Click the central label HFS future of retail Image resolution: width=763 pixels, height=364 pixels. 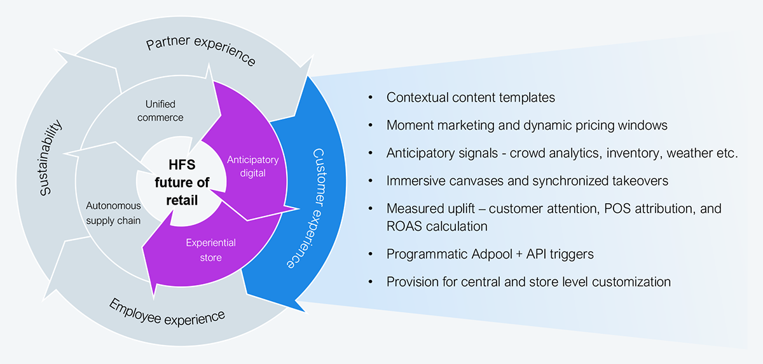click(182, 182)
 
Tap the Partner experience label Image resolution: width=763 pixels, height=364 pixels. click(201, 50)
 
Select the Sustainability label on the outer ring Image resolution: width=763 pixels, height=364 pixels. click(50, 158)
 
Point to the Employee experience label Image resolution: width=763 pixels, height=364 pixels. click(167, 313)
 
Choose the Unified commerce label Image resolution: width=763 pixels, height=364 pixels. click(160, 111)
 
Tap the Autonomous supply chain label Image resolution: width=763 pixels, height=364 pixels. click(113, 213)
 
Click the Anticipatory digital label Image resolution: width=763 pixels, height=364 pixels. click(253, 166)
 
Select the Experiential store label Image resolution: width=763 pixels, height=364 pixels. click(210, 250)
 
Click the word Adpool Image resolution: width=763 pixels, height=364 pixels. click(491, 254)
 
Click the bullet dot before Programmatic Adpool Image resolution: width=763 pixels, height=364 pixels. click(371, 253)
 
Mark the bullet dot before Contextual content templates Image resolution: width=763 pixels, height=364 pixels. click(371, 97)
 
